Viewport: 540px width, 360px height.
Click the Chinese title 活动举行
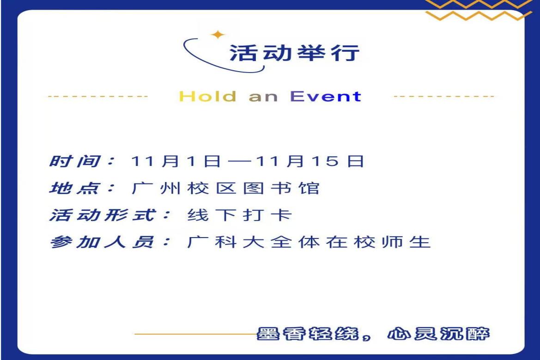point(294,53)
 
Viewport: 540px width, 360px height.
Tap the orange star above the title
point(217,34)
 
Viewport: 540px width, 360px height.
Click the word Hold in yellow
point(207,97)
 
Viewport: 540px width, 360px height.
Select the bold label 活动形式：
point(109,215)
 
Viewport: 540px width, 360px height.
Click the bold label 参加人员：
point(109,242)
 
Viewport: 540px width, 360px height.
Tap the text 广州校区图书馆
point(225,189)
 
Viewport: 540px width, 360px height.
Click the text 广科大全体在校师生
point(309,242)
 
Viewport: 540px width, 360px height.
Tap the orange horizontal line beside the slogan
point(194,333)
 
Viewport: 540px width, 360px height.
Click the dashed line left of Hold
point(97,97)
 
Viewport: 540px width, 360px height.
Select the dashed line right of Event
point(443,97)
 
